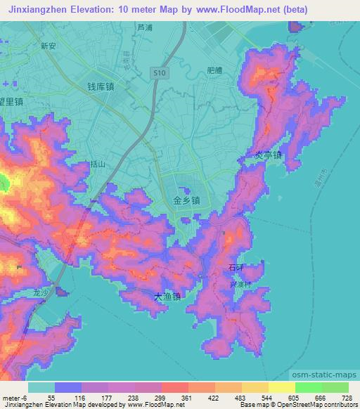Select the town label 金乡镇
coord(186,200)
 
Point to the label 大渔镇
coord(167,297)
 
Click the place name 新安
coord(49,46)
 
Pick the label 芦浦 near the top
coord(144,29)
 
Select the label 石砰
coord(236,268)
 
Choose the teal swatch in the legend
coord(41,387)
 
